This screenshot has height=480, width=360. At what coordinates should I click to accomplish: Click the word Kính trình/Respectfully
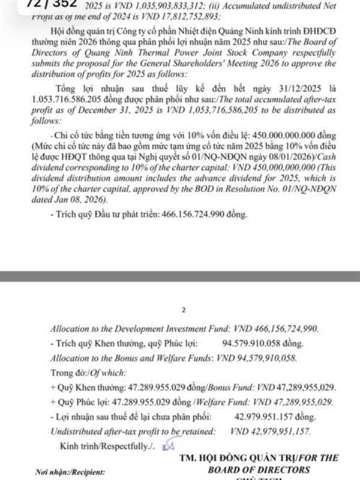pyautogui.click(x=103, y=446)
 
